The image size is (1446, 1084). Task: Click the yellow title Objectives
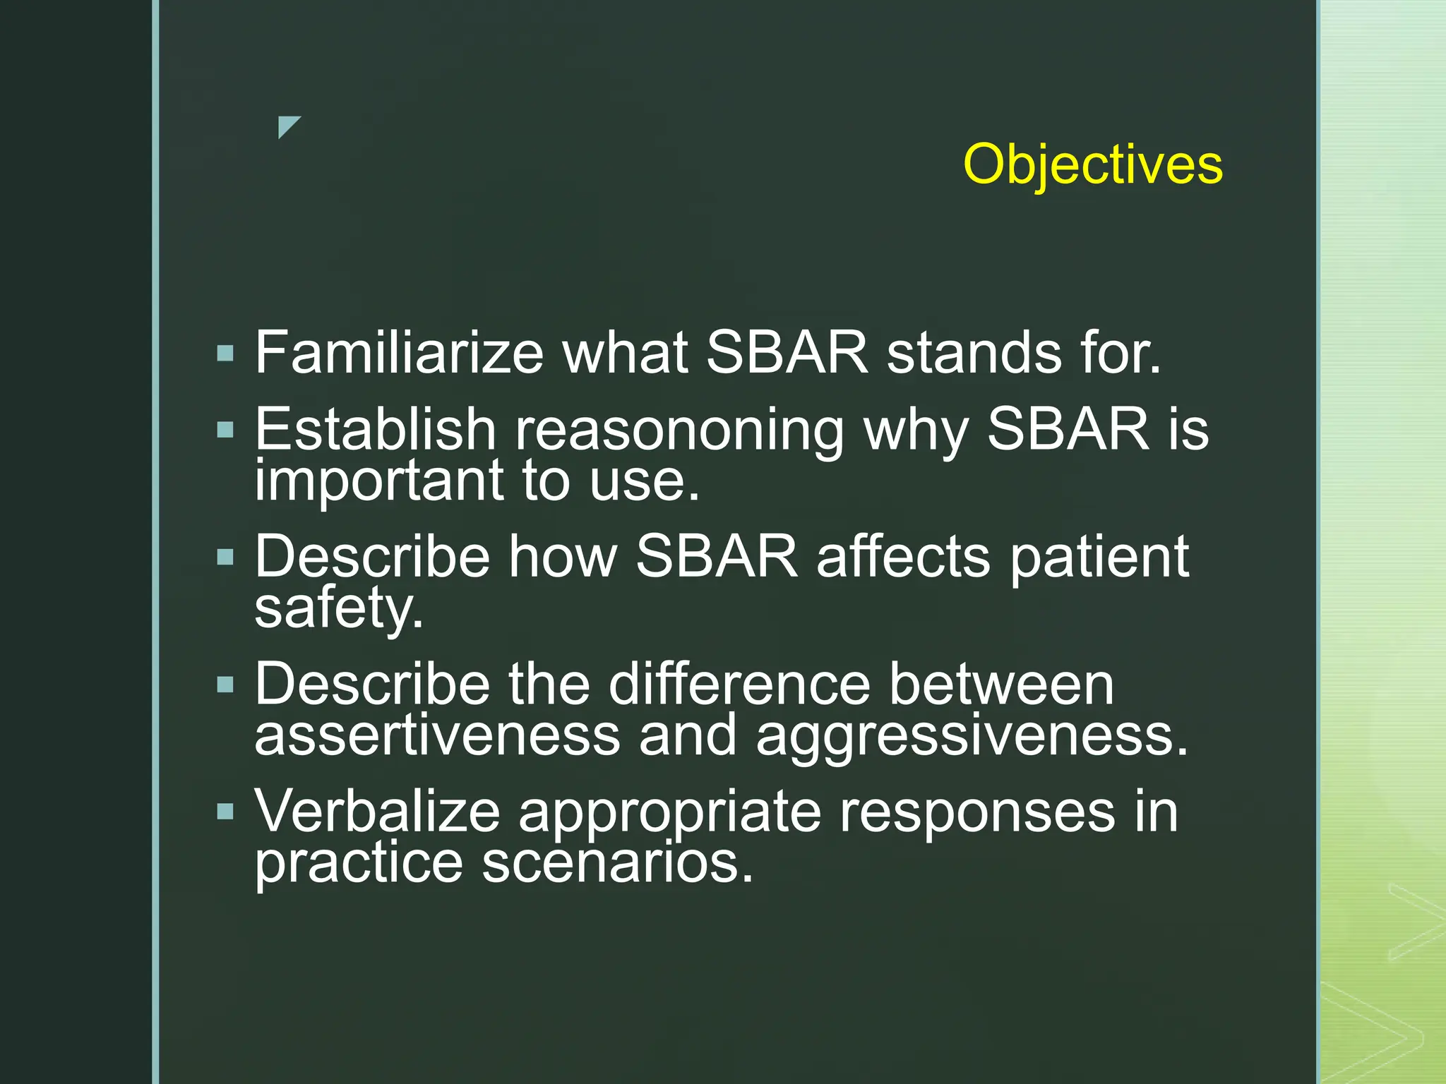pyautogui.click(x=1092, y=165)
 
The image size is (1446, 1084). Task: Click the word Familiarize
pyautogui.click(x=399, y=352)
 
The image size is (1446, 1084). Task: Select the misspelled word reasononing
pyautogui.click(x=679, y=430)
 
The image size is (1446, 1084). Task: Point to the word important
pyautogui.click(x=378, y=481)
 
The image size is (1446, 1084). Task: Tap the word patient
pyautogui.click(x=1099, y=558)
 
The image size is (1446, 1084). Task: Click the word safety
pyautogui.click(x=338, y=608)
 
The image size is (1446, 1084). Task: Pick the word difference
pyautogui.click(x=739, y=684)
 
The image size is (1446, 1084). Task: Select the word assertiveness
pyautogui.click(x=437, y=735)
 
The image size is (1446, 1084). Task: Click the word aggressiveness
pyautogui.click(x=972, y=737)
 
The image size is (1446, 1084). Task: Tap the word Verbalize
pyautogui.click(x=377, y=812)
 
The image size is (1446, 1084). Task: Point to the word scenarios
pyautogui.click(x=617, y=862)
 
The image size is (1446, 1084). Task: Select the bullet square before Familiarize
pyautogui.click(x=225, y=353)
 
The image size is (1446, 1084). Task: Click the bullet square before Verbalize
pyautogui.click(x=225, y=812)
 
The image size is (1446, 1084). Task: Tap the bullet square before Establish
pyautogui.click(x=225, y=429)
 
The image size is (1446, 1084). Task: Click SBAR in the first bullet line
pyautogui.click(x=787, y=352)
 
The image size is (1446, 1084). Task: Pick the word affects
pyautogui.click(x=903, y=557)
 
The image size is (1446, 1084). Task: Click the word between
pyautogui.click(x=1000, y=684)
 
